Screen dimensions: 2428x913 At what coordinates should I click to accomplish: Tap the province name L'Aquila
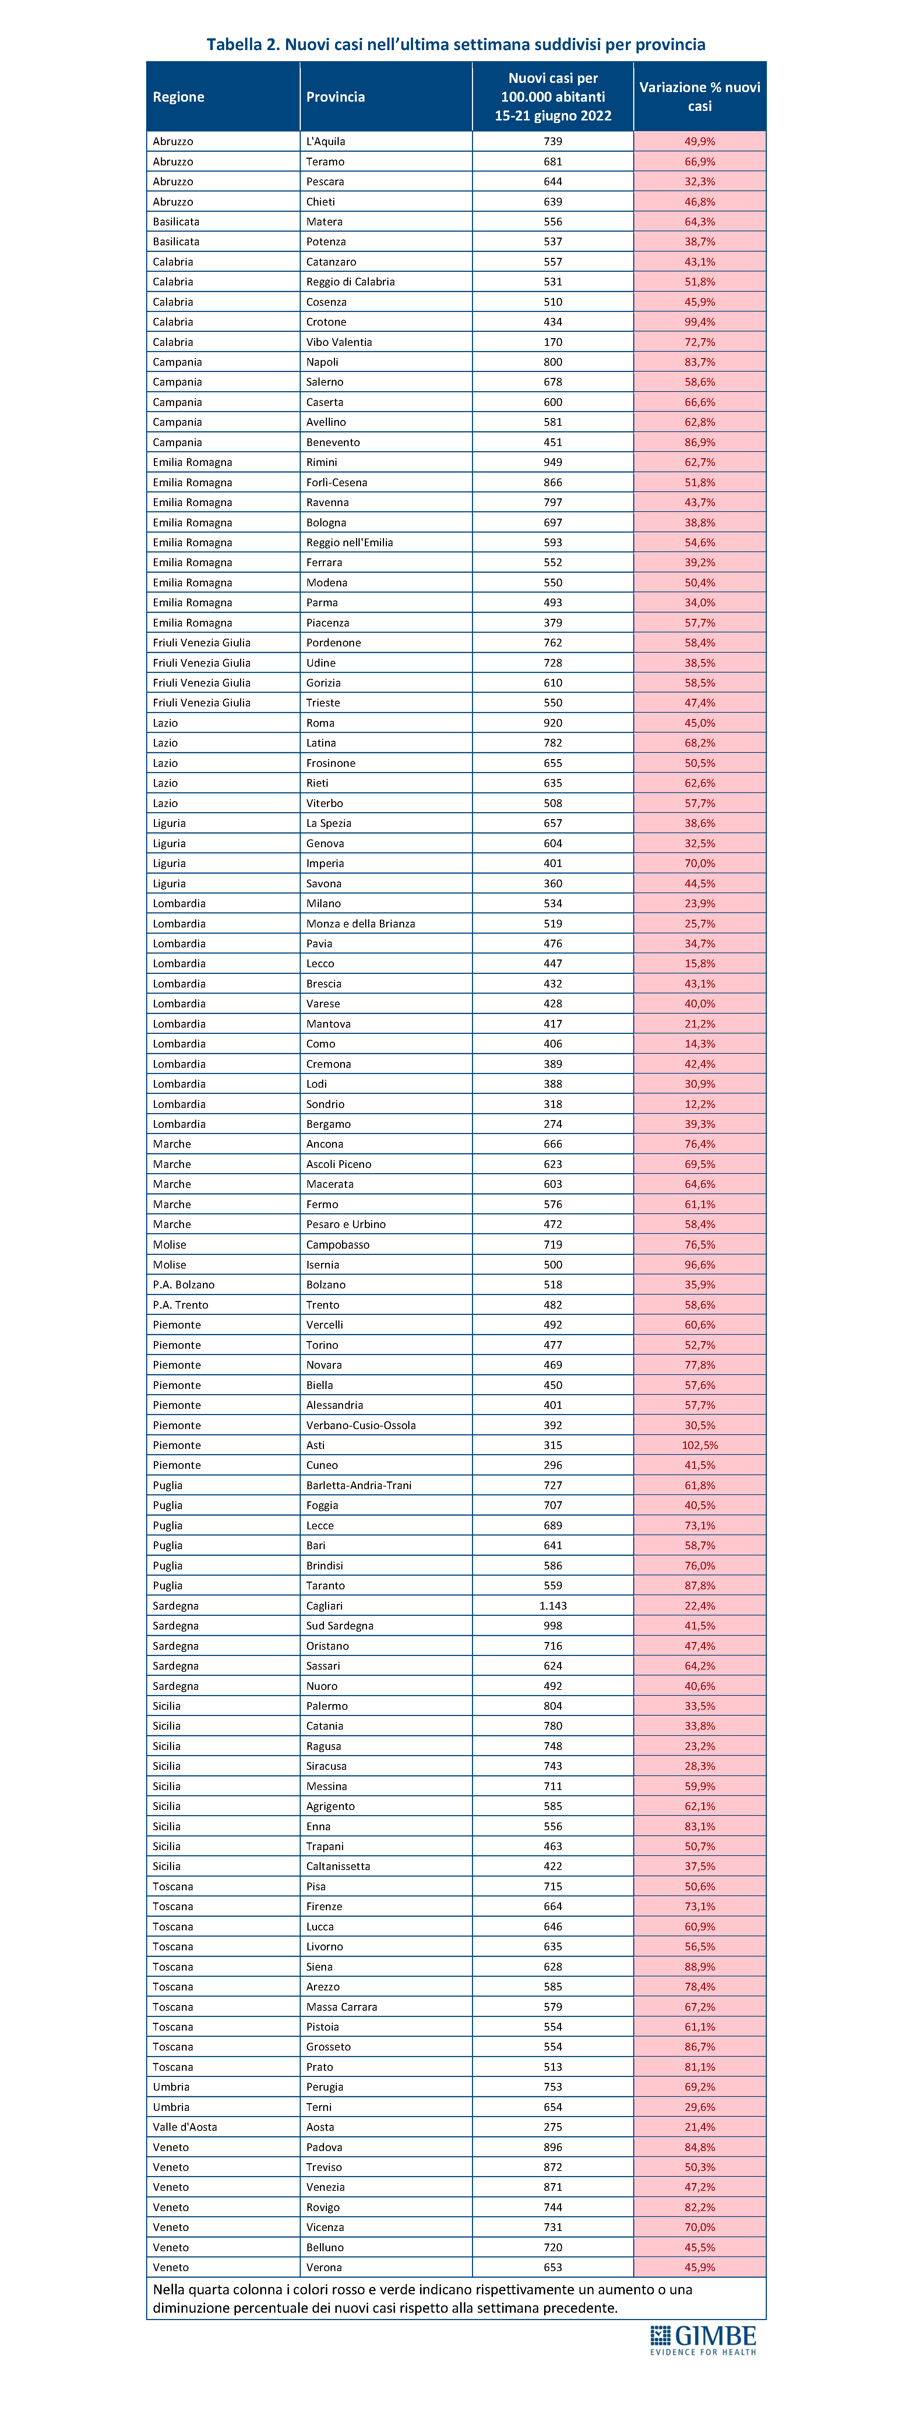(326, 141)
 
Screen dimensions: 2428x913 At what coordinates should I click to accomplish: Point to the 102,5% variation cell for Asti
(699, 1445)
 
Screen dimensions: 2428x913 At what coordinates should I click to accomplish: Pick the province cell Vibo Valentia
(339, 342)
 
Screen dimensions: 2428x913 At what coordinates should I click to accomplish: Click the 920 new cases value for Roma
(553, 723)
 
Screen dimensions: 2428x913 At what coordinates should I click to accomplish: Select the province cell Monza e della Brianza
(361, 924)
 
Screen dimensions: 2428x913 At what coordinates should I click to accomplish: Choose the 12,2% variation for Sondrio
(699, 1104)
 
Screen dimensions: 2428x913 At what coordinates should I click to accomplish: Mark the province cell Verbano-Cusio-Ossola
(361, 1425)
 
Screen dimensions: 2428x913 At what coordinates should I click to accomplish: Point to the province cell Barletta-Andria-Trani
(359, 1485)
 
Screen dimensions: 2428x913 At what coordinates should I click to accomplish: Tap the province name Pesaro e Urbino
(346, 1224)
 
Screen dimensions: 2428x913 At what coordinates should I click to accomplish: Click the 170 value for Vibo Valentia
(553, 342)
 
